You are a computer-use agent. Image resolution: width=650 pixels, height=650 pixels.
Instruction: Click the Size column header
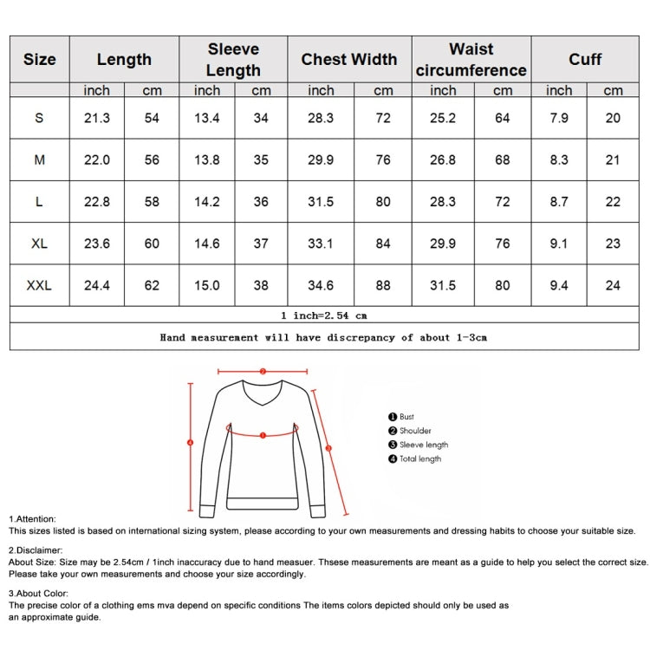[x=39, y=60]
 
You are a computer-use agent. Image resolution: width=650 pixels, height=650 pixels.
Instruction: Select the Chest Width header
[x=348, y=60]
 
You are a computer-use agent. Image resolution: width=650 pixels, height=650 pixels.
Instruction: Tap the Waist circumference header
[x=471, y=60]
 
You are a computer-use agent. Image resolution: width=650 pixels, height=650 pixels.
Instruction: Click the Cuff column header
[x=585, y=60]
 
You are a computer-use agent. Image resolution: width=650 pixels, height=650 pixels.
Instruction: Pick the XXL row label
[x=39, y=285]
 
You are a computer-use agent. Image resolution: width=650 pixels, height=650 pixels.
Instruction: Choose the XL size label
[x=39, y=244]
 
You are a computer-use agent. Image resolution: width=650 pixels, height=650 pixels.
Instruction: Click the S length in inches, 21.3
[x=96, y=118]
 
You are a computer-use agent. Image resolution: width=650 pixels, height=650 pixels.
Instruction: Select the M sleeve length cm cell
[x=261, y=159]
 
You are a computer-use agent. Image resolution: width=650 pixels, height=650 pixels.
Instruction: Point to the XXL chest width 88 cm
[x=383, y=285]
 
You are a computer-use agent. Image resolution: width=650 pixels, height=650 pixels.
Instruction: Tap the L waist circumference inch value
[x=442, y=202]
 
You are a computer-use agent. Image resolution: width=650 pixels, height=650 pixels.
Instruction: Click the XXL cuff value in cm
[x=613, y=285]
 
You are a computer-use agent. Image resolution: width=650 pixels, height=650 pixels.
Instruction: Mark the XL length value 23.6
[x=96, y=244]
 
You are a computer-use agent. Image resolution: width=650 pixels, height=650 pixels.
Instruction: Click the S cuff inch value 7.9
[x=559, y=118]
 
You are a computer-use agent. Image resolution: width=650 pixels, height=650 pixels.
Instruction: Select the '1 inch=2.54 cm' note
[x=324, y=315]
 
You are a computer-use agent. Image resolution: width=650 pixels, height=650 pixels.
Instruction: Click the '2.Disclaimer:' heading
[x=36, y=550]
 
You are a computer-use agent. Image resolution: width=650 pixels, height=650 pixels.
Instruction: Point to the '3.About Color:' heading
[x=39, y=594]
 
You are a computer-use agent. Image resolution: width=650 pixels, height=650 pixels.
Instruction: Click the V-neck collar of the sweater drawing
[x=262, y=398]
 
